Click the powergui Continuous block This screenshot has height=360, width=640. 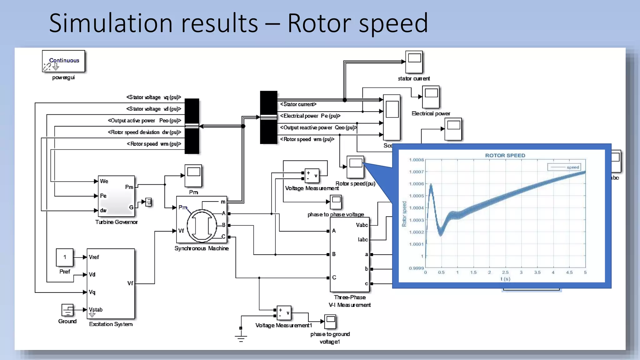click(63, 61)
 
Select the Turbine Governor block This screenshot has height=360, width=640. click(116, 196)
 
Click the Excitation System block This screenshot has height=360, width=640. click(111, 283)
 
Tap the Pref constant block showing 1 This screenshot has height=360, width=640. click(65, 257)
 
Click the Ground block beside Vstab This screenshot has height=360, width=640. click(67, 310)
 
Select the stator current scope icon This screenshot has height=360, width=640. click(414, 62)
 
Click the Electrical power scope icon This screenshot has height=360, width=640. click(431, 97)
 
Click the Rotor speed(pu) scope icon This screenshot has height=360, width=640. click(355, 167)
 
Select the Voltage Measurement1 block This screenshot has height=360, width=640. click(284, 313)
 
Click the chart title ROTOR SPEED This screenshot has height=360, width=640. click(505, 155)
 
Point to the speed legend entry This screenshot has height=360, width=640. click(564, 167)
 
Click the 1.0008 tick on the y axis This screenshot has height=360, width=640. click(416, 160)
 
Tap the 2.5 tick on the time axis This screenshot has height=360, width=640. click(505, 272)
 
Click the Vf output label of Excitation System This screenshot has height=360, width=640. click(130, 283)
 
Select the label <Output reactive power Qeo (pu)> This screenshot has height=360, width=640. click(318, 127)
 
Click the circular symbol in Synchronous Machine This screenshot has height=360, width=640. click(202, 226)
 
